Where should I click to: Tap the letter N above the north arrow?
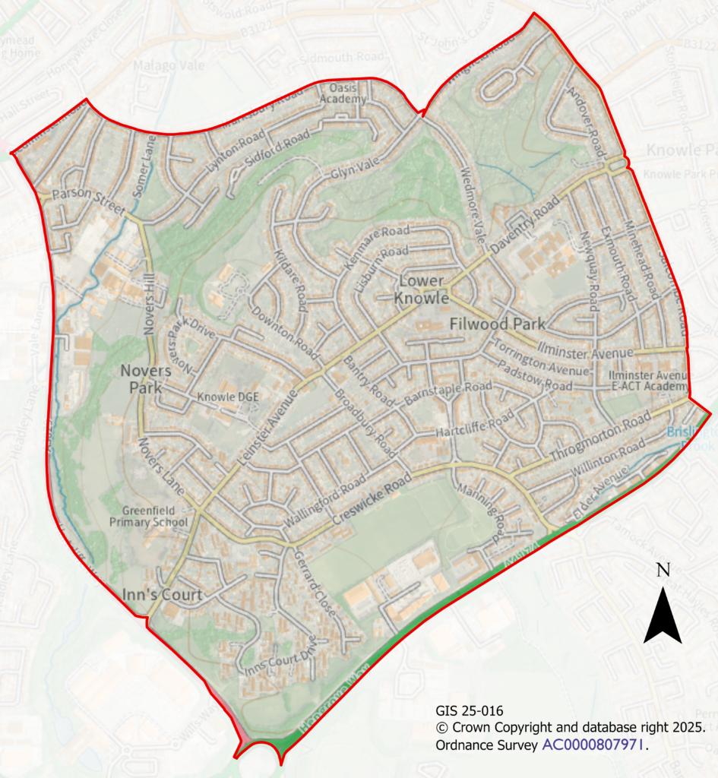(x=663, y=570)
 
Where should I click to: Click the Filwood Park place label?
(x=498, y=324)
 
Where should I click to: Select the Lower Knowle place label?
(x=421, y=290)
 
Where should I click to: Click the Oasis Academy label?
(x=343, y=93)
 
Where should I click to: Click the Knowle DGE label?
(x=223, y=397)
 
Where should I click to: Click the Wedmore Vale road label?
(x=473, y=204)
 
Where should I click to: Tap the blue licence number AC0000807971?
(x=593, y=745)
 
